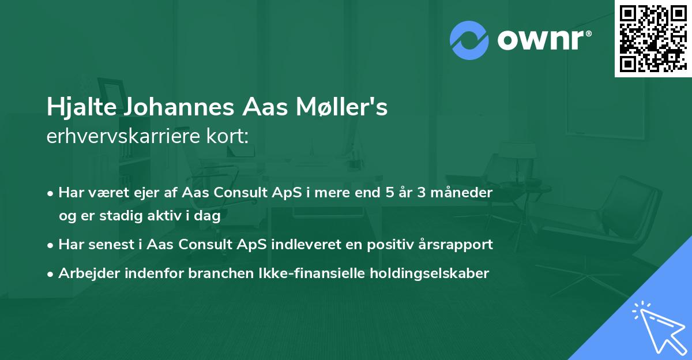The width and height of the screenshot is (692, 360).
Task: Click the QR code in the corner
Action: tap(653, 38)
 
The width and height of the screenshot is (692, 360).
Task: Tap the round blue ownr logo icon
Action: tap(469, 40)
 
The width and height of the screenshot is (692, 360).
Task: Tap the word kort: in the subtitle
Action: tap(230, 137)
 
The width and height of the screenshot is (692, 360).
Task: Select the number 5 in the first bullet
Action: tap(389, 193)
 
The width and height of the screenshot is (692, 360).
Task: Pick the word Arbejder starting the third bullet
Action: tap(85, 273)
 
